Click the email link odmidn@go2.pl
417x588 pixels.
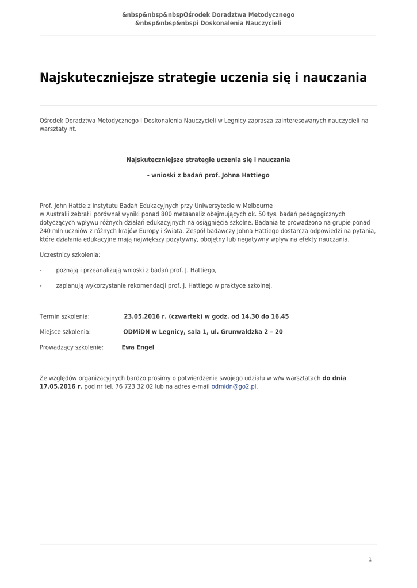point(234,387)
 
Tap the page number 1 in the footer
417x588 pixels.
point(370,559)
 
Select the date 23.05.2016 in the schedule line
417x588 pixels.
point(141,316)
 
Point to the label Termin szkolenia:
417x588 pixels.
point(64,316)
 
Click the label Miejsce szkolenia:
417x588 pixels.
point(65,332)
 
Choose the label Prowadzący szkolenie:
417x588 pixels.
point(71,347)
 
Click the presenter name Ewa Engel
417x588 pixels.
point(138,347)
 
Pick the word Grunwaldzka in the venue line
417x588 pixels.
point(237,332)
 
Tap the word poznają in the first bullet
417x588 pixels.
point(67,270)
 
